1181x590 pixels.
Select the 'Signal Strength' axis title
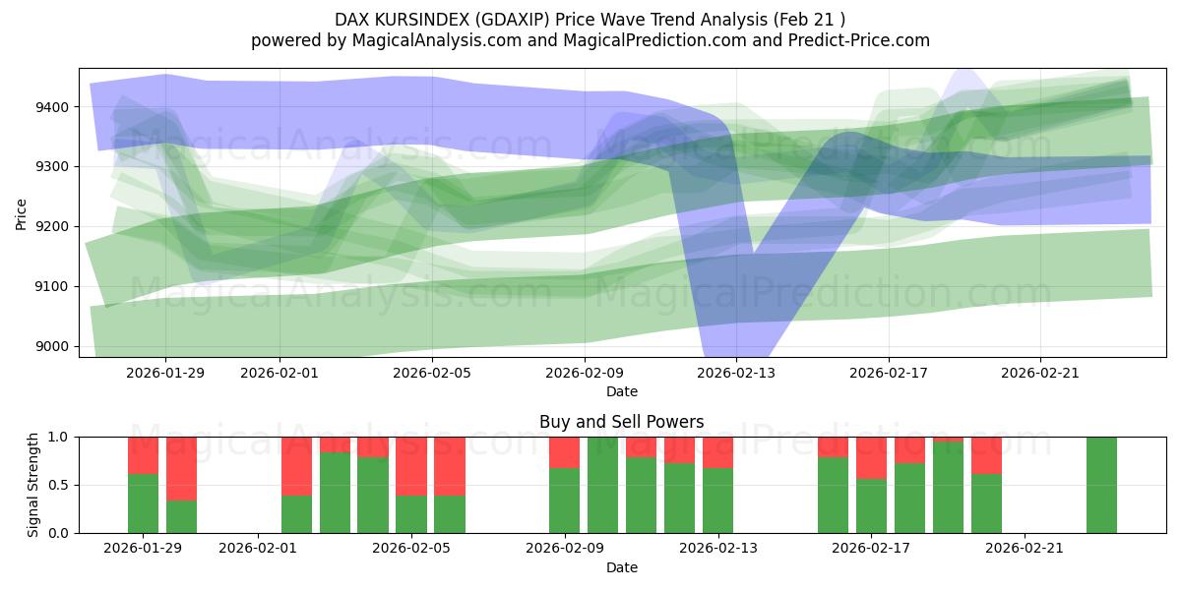pyautogui.click(x=34, y=485)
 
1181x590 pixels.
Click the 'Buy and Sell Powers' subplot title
pyautogui.click(x=621, y=422)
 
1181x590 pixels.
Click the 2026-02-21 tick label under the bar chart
pyautogui.click(x=1026, y=549)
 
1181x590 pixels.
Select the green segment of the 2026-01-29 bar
pyautogui.click(x=144, y=503)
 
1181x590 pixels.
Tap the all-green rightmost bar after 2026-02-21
pyautogui.click(x=1101, y=485)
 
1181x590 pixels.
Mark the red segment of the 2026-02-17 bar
pyautogui.click(x=872, y=457)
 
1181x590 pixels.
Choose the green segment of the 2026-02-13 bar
pyautogui.click(x=717, y=501)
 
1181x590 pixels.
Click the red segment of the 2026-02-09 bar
pyautogui.click(x=565, y=452)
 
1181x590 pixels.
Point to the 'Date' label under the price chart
pyautogui.click(x=621, y=391)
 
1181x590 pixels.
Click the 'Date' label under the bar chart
pyautogui.click(x=621, y=567)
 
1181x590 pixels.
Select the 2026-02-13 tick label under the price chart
pyautogui.click(x=736, y=373)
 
